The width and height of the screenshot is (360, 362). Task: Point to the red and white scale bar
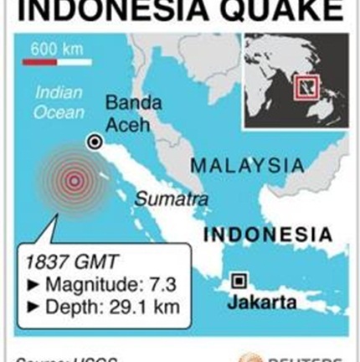point(57,61)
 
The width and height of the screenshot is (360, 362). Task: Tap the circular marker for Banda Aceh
point(95,142)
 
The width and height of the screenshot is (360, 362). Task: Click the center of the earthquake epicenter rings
point(75,179)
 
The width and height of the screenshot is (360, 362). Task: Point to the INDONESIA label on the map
point(268,235)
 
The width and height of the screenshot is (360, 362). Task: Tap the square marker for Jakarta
point(239,281)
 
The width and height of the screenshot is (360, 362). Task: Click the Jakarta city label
point(262,302)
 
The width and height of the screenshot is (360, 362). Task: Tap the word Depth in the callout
point(73,307)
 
